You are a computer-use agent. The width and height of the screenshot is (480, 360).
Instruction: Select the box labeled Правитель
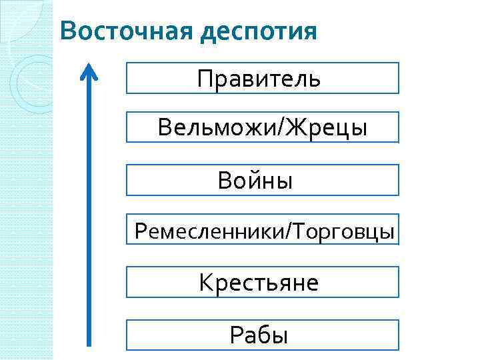coord(262,78)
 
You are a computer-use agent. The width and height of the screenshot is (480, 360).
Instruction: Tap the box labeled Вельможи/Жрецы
coord(262,127)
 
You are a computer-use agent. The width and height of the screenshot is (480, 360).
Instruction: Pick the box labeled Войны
coord(262,180)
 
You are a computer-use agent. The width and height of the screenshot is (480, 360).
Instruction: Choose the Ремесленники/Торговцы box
coord(262,231)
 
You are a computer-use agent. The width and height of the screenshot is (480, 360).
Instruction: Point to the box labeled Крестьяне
coord(262,283)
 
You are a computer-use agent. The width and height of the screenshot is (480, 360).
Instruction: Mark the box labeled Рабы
coord(262,334)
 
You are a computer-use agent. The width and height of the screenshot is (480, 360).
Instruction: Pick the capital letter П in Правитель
coord(204,79)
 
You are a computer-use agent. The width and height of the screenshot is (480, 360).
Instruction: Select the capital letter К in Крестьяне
coord(205,283)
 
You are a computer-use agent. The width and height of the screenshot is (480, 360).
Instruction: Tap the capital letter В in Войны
coord(225,180)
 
